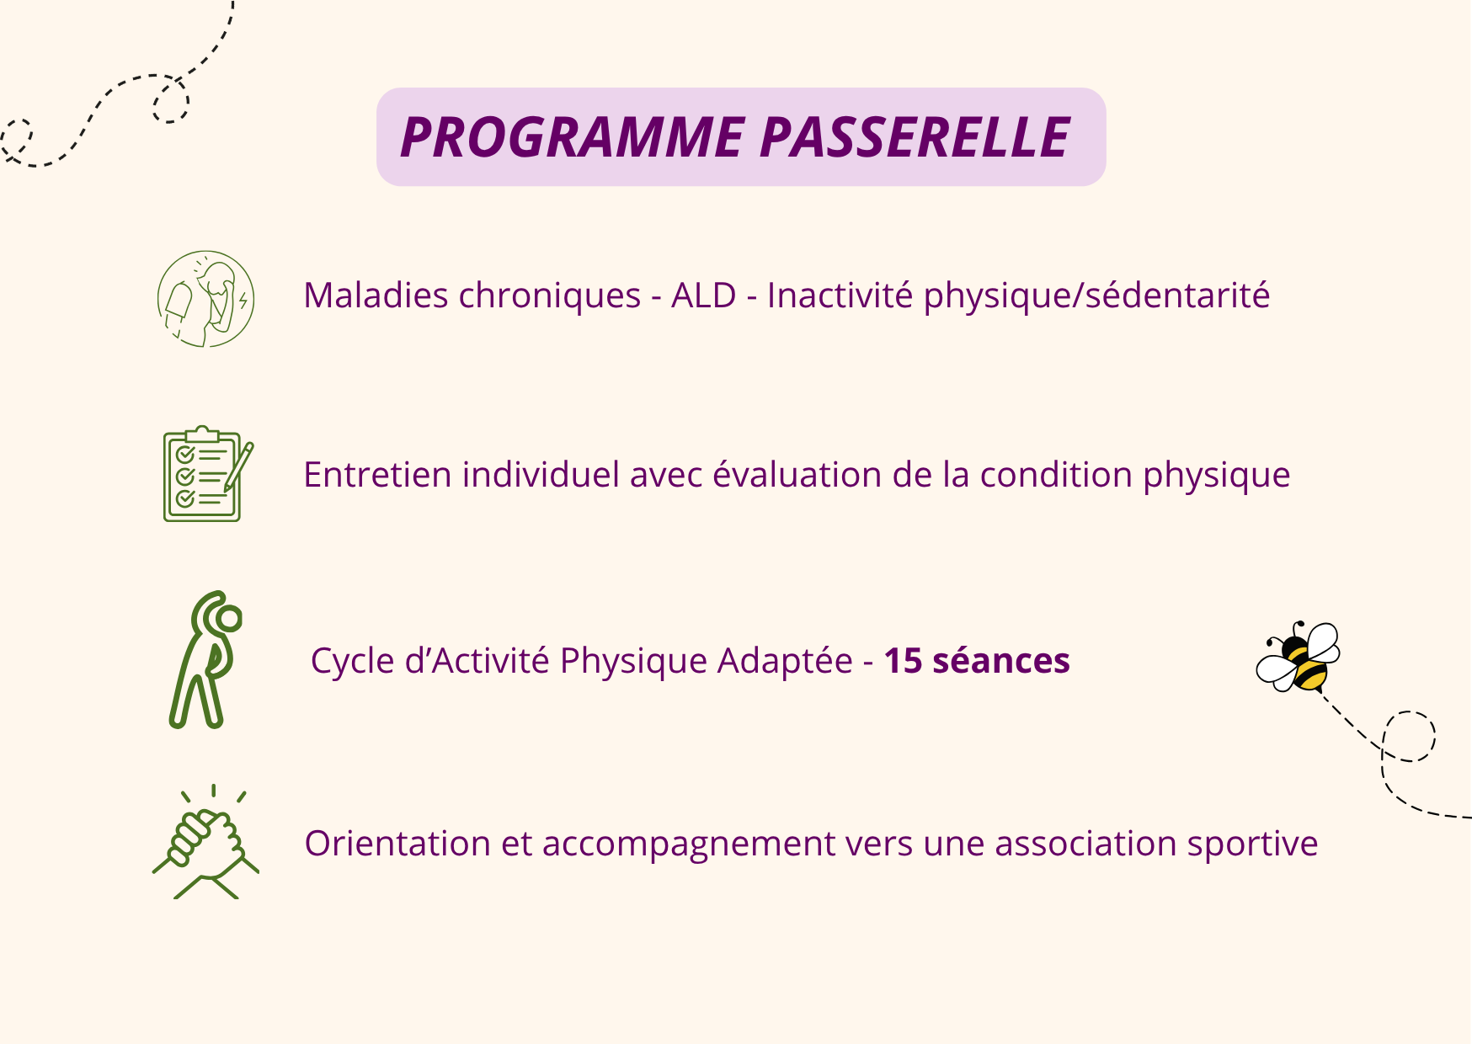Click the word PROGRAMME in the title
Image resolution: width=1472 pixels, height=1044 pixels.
click(573, 137)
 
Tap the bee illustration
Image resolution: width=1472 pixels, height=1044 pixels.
click(1298, 658)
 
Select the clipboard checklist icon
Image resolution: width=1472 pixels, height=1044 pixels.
click(202, 474)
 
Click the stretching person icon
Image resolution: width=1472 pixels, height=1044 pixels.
click(206, 660)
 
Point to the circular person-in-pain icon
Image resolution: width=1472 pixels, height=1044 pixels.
click(205, 299)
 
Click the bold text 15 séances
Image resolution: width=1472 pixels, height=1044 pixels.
click(977, 661)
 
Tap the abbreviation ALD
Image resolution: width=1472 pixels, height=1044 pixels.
click(704, 296)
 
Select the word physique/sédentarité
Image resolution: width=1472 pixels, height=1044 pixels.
click(1096, 296)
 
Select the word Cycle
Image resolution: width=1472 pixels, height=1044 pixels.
click(352, 661)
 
